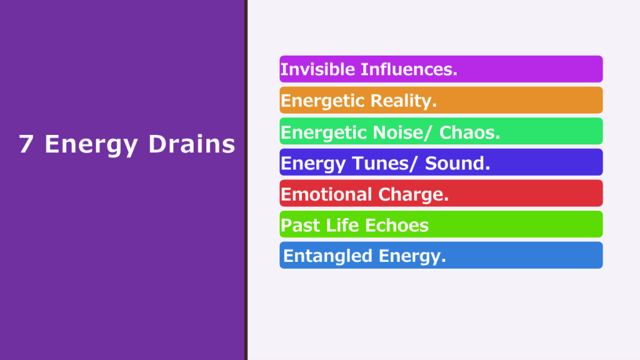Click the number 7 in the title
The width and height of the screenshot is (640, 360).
(26, 144)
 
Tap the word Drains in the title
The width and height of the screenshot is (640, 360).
(192, 144)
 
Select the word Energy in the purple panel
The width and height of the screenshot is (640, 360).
(91, 146)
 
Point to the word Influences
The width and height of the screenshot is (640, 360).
(409, 69)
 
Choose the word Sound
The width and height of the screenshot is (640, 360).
(457, 164)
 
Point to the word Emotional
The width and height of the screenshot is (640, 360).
(326, 194)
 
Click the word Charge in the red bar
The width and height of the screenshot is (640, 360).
(414, 195)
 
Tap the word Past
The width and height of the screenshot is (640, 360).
(300, 225)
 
